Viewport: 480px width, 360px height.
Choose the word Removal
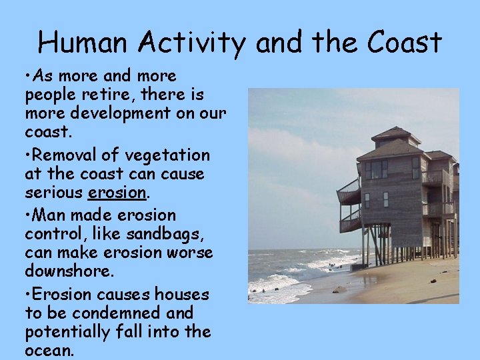pyautogui.click(x=73, y=155)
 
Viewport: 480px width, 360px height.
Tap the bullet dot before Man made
pyautogui.click(x=28, y=216)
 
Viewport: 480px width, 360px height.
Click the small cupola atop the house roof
pyautogui.click(x=395, y=135)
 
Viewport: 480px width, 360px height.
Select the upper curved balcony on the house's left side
pyautogui.click(x=349, y=191)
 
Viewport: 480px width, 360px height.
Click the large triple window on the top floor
pyautogui.click(x=377, y=169)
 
